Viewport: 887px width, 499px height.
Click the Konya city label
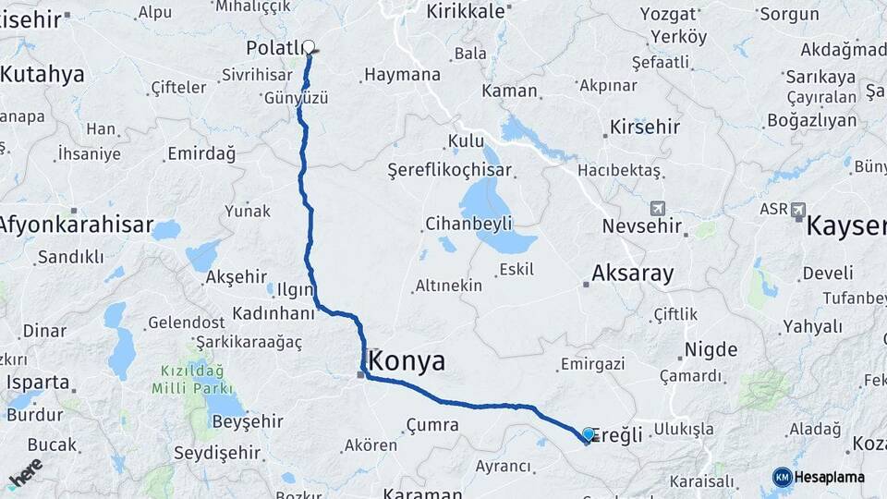tap(407, 360)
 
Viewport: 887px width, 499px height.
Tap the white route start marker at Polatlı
tap(309, 45)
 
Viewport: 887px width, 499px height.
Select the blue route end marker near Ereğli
tap(589, 433)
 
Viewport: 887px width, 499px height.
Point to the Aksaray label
tap(633, 274)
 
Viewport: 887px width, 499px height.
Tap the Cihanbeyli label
tap(468, 224)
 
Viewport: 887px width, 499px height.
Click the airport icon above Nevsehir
tap(657, 209)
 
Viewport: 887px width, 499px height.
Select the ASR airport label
tap(773, 210)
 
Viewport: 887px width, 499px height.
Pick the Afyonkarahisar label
tap(76, 224)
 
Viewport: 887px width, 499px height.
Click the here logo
tap(25, 472)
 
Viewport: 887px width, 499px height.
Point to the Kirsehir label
tap(645, 128)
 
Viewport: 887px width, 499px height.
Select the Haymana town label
tap(402, 75)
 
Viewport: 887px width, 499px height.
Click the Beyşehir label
tap(248, 421)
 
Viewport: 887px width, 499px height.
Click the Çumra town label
tap(431, 425)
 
